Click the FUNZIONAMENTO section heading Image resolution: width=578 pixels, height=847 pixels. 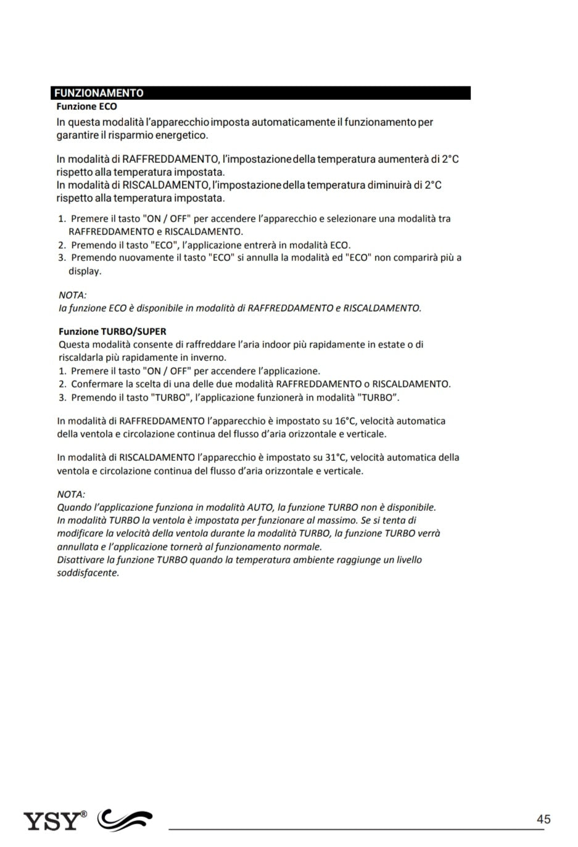[x=99, y=93]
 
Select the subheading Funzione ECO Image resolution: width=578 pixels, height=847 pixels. [x=86, y=107]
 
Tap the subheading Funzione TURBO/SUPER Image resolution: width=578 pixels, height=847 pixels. [x=112, y=331]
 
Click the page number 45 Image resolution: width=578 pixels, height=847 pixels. [x=543, y=819]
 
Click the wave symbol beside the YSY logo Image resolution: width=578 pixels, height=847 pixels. [x=125, y=820]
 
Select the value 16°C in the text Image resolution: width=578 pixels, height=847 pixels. [x=345, y=421]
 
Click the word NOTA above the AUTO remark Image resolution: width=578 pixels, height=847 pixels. [x=71, y=494]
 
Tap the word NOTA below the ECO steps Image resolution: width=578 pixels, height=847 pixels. [x=72, y=295]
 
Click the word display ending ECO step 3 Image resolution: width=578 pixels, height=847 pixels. [x=85, y=271]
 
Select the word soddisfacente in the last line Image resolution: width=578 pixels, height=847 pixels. [x=87, y=573]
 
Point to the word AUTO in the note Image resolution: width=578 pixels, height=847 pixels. [x=259, y=508]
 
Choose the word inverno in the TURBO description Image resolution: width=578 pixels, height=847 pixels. [x=209, y=358]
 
